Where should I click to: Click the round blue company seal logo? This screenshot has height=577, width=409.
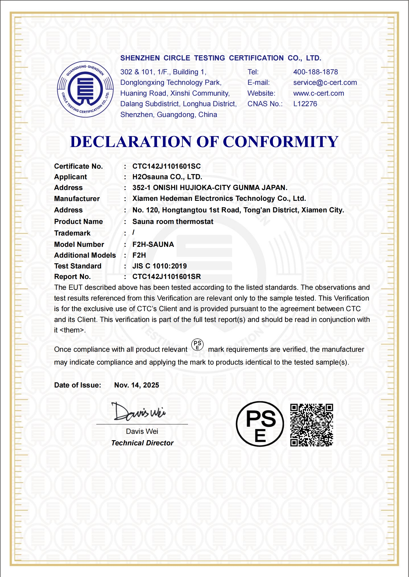pyautogui.click(x=85, y=89)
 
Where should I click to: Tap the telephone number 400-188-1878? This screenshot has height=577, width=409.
pyautogui.click(x=316, y=72)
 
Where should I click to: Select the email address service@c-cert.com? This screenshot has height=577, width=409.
pyautogui.click(x=325, y=83)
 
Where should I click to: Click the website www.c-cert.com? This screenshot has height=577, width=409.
pyautogui.click(x=319, y=93)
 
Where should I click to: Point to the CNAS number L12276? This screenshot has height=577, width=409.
pyautogui.click(x=305, y=104)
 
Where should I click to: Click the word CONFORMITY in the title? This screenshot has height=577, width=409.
pyautogui.click(x=280, y=142)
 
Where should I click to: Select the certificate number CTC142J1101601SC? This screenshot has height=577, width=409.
pyautogui.click(x=166, y=166)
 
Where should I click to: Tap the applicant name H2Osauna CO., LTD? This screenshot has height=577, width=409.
pyautogui.click(x=167, y=177)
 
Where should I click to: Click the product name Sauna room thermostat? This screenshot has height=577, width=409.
pyautogui.click(x=173, y=222)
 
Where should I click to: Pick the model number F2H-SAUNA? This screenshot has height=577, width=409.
pyautogui.click(x=153, y=245)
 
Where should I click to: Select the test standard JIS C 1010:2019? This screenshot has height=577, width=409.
pyautogui.click(x=159, y=266)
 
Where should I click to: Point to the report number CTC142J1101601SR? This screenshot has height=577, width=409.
pyautogui.click(x=166, y=277)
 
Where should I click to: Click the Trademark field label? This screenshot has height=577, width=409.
pyautogui.click(x=72, y=233)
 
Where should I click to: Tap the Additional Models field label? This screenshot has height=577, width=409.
pyautogui.click(x=85, y=255)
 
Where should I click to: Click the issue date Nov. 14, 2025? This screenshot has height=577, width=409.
pyautogui.click(x=137, y=385)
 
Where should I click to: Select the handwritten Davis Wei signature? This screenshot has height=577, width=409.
pyautogui.click(x=138, y=412)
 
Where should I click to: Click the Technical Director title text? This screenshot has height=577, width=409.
pyautogui.click(x=142, y=443)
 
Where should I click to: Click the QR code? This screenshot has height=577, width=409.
pyautogui.click(x=312, y=425)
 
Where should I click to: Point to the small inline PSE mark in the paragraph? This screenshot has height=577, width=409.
pyautogui.click(x=198, y=345)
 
